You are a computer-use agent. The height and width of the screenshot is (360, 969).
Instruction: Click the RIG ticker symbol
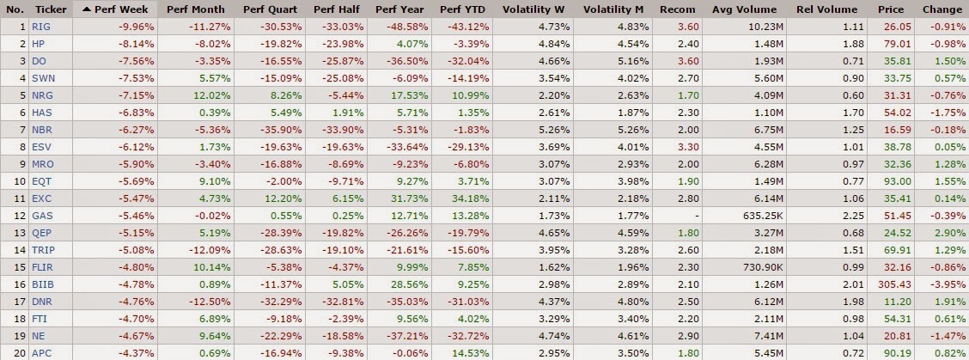coord(40,27)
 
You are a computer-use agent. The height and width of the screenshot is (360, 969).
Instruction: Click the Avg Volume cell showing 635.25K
coord(763,216)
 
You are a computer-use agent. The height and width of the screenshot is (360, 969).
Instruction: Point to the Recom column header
coord(677,9)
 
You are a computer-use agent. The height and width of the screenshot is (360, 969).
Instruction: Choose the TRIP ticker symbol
coord(42,250)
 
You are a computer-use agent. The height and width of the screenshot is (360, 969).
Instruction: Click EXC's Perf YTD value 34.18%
coord(473,198)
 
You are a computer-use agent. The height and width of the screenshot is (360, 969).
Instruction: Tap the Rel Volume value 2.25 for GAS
coord(847,216)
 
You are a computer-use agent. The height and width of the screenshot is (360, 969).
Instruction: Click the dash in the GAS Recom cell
coord(697,216)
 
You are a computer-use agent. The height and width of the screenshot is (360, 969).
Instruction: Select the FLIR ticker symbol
coord(42,267)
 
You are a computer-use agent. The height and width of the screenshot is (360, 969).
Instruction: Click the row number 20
coord(20,352)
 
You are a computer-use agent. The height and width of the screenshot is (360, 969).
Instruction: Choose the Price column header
coord(891,9)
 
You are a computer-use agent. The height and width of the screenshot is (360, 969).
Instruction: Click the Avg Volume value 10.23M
coord(767,27)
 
